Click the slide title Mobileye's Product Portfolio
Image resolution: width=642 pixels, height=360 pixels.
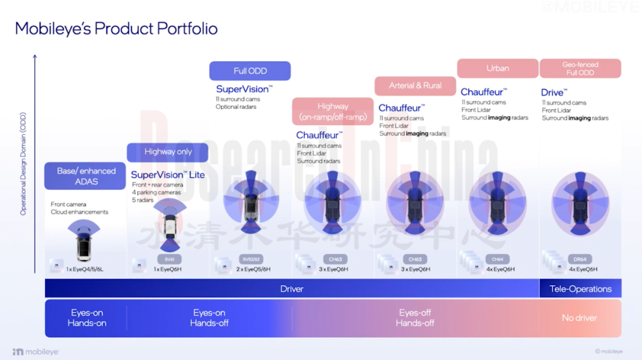tap(116, 29)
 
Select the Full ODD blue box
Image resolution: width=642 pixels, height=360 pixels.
tap(250, 71)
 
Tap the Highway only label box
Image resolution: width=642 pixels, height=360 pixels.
tap(168, 152)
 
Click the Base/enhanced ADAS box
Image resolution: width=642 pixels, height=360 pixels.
tap(86, 176)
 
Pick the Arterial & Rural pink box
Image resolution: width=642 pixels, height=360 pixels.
tap(415, 86)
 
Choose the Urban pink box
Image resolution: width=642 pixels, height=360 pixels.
tap(497, 68)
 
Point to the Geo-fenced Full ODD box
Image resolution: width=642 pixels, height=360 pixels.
tap(580, 68)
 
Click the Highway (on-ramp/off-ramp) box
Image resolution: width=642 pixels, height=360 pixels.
tap(332, 111)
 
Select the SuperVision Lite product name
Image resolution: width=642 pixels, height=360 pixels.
tap(168, 175)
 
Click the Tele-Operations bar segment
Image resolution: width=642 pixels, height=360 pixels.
tap(580, 289)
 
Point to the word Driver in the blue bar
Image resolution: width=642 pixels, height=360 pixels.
tap(292, 289)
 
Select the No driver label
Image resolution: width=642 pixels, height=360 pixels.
tap(580, 318)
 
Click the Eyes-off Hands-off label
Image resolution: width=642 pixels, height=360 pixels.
tap(415, 318)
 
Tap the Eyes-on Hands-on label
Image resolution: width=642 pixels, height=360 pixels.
tap(87, 318)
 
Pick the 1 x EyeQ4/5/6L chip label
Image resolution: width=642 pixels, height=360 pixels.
tap(84, 269)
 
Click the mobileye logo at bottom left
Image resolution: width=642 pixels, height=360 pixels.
tap(36, 352)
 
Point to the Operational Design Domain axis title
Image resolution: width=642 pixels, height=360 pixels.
tap(23, 163)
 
